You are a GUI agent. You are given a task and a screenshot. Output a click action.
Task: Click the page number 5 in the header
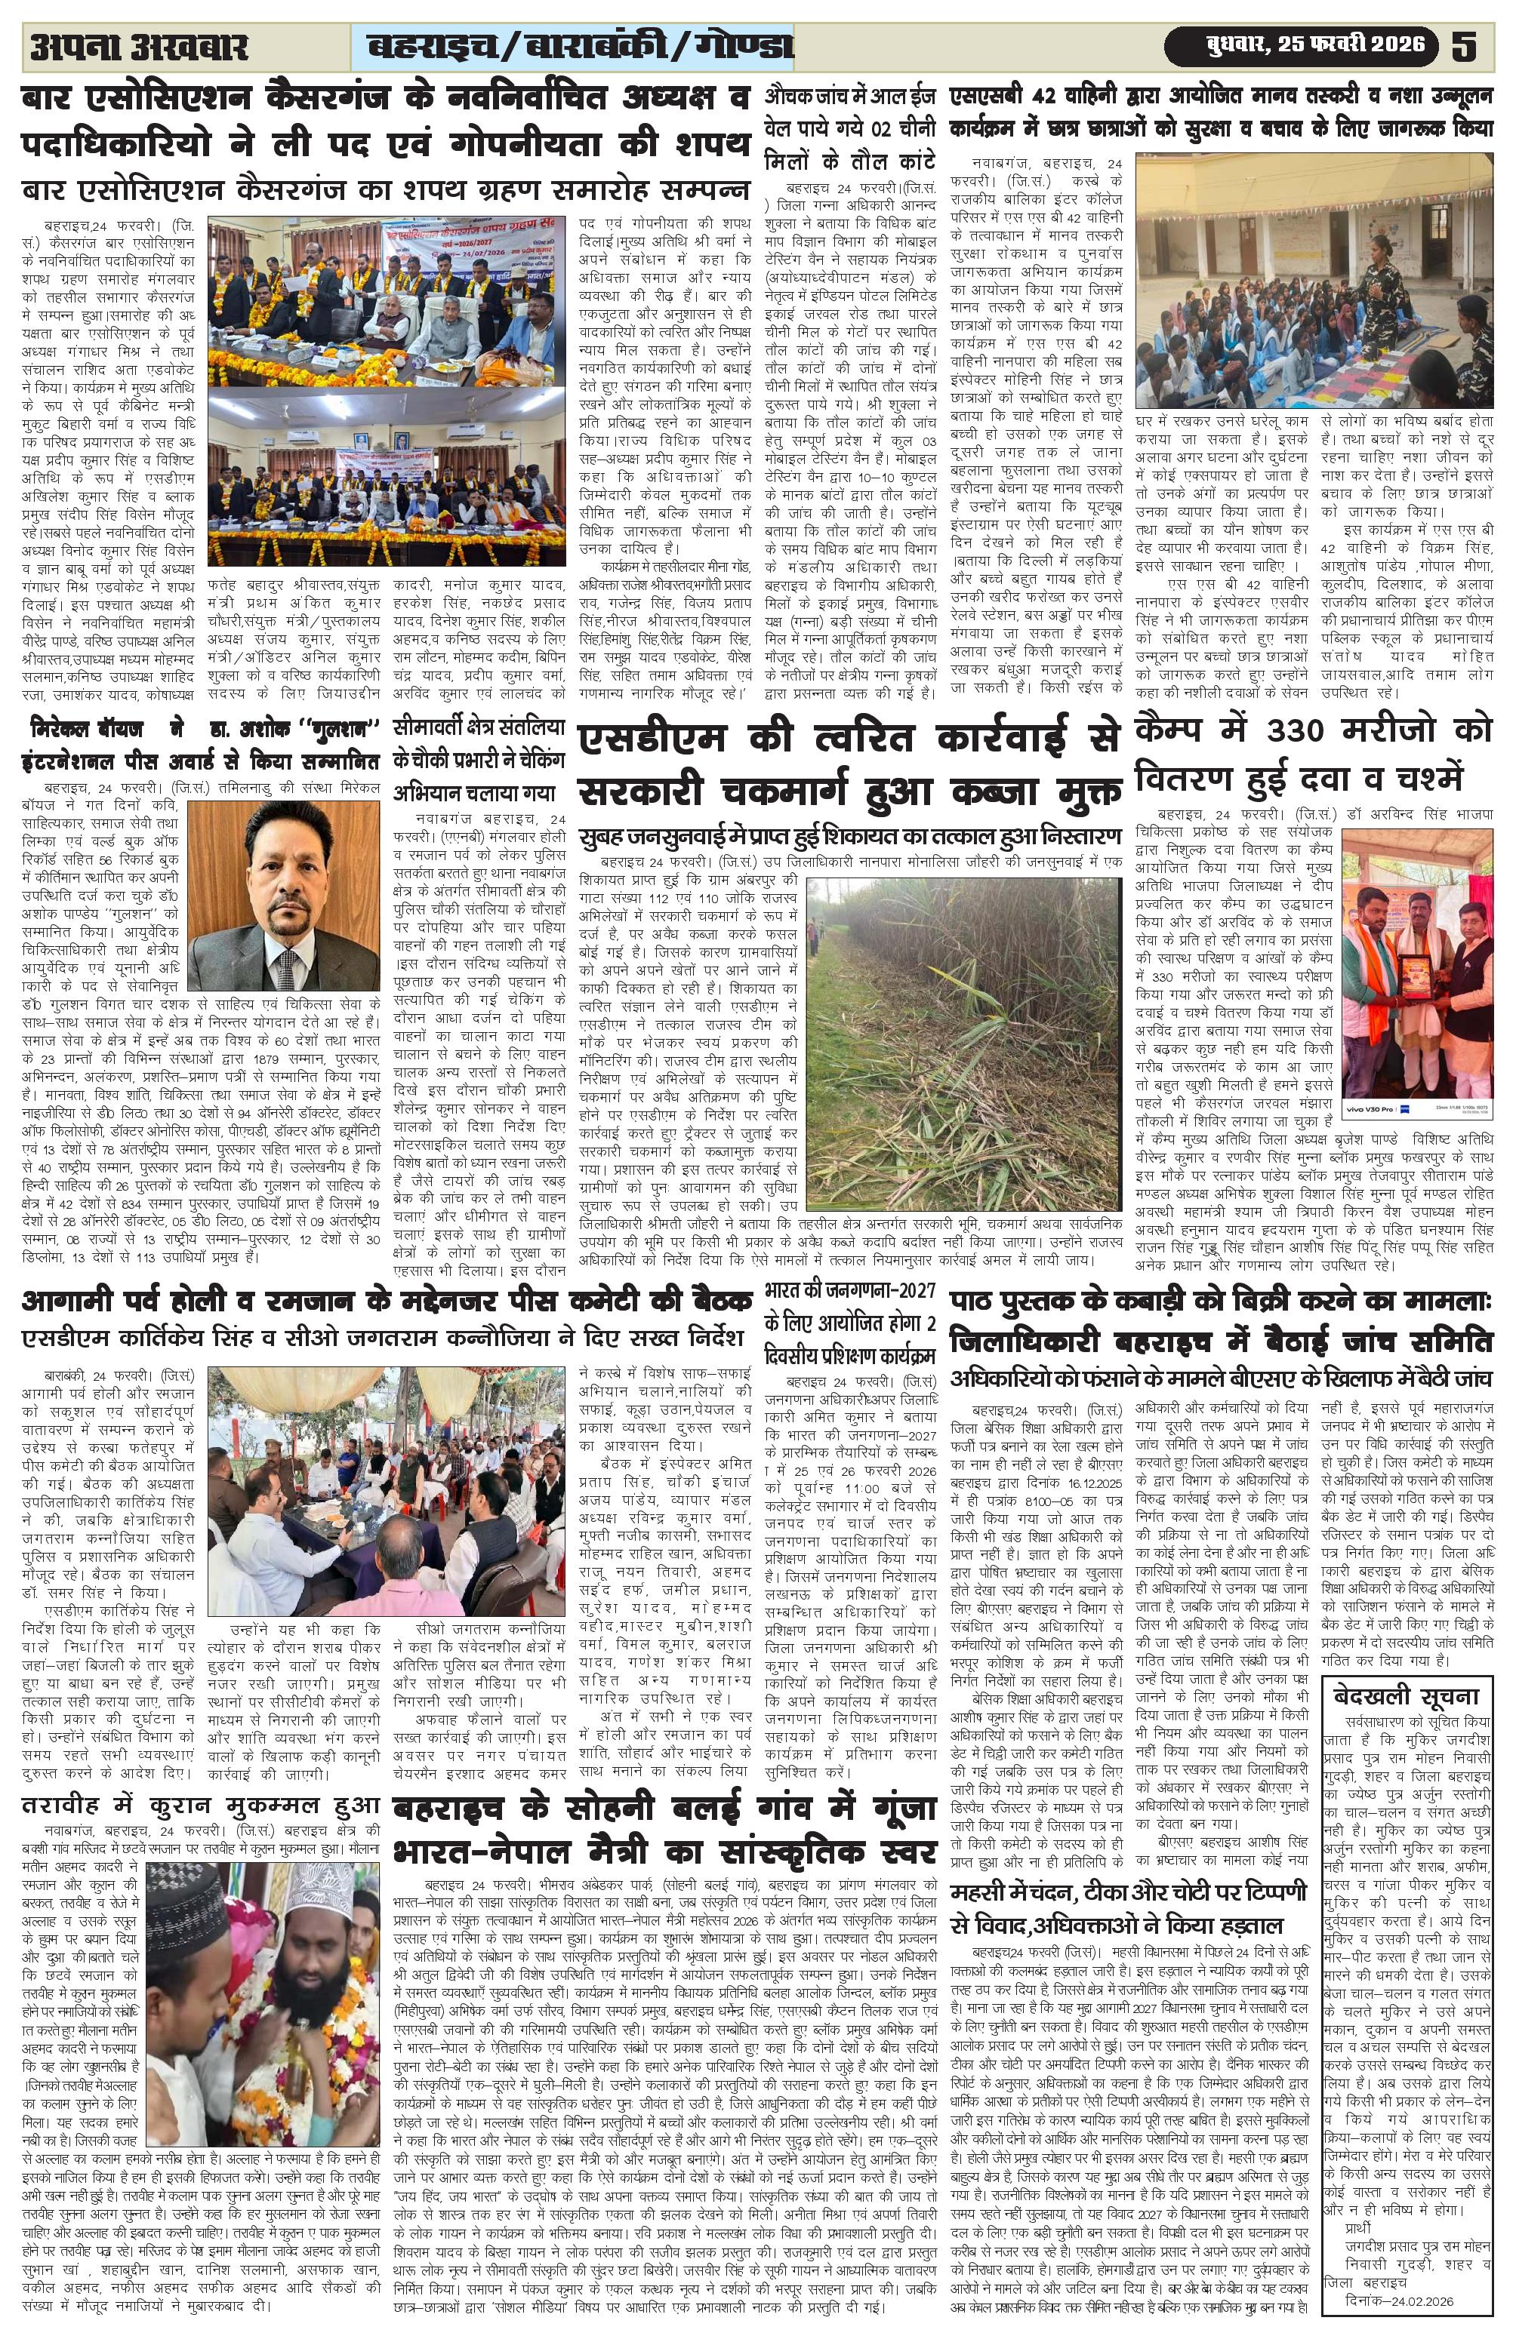point(1464,46)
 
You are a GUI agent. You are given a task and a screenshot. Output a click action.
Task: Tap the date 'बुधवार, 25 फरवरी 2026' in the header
point(1302,46)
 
